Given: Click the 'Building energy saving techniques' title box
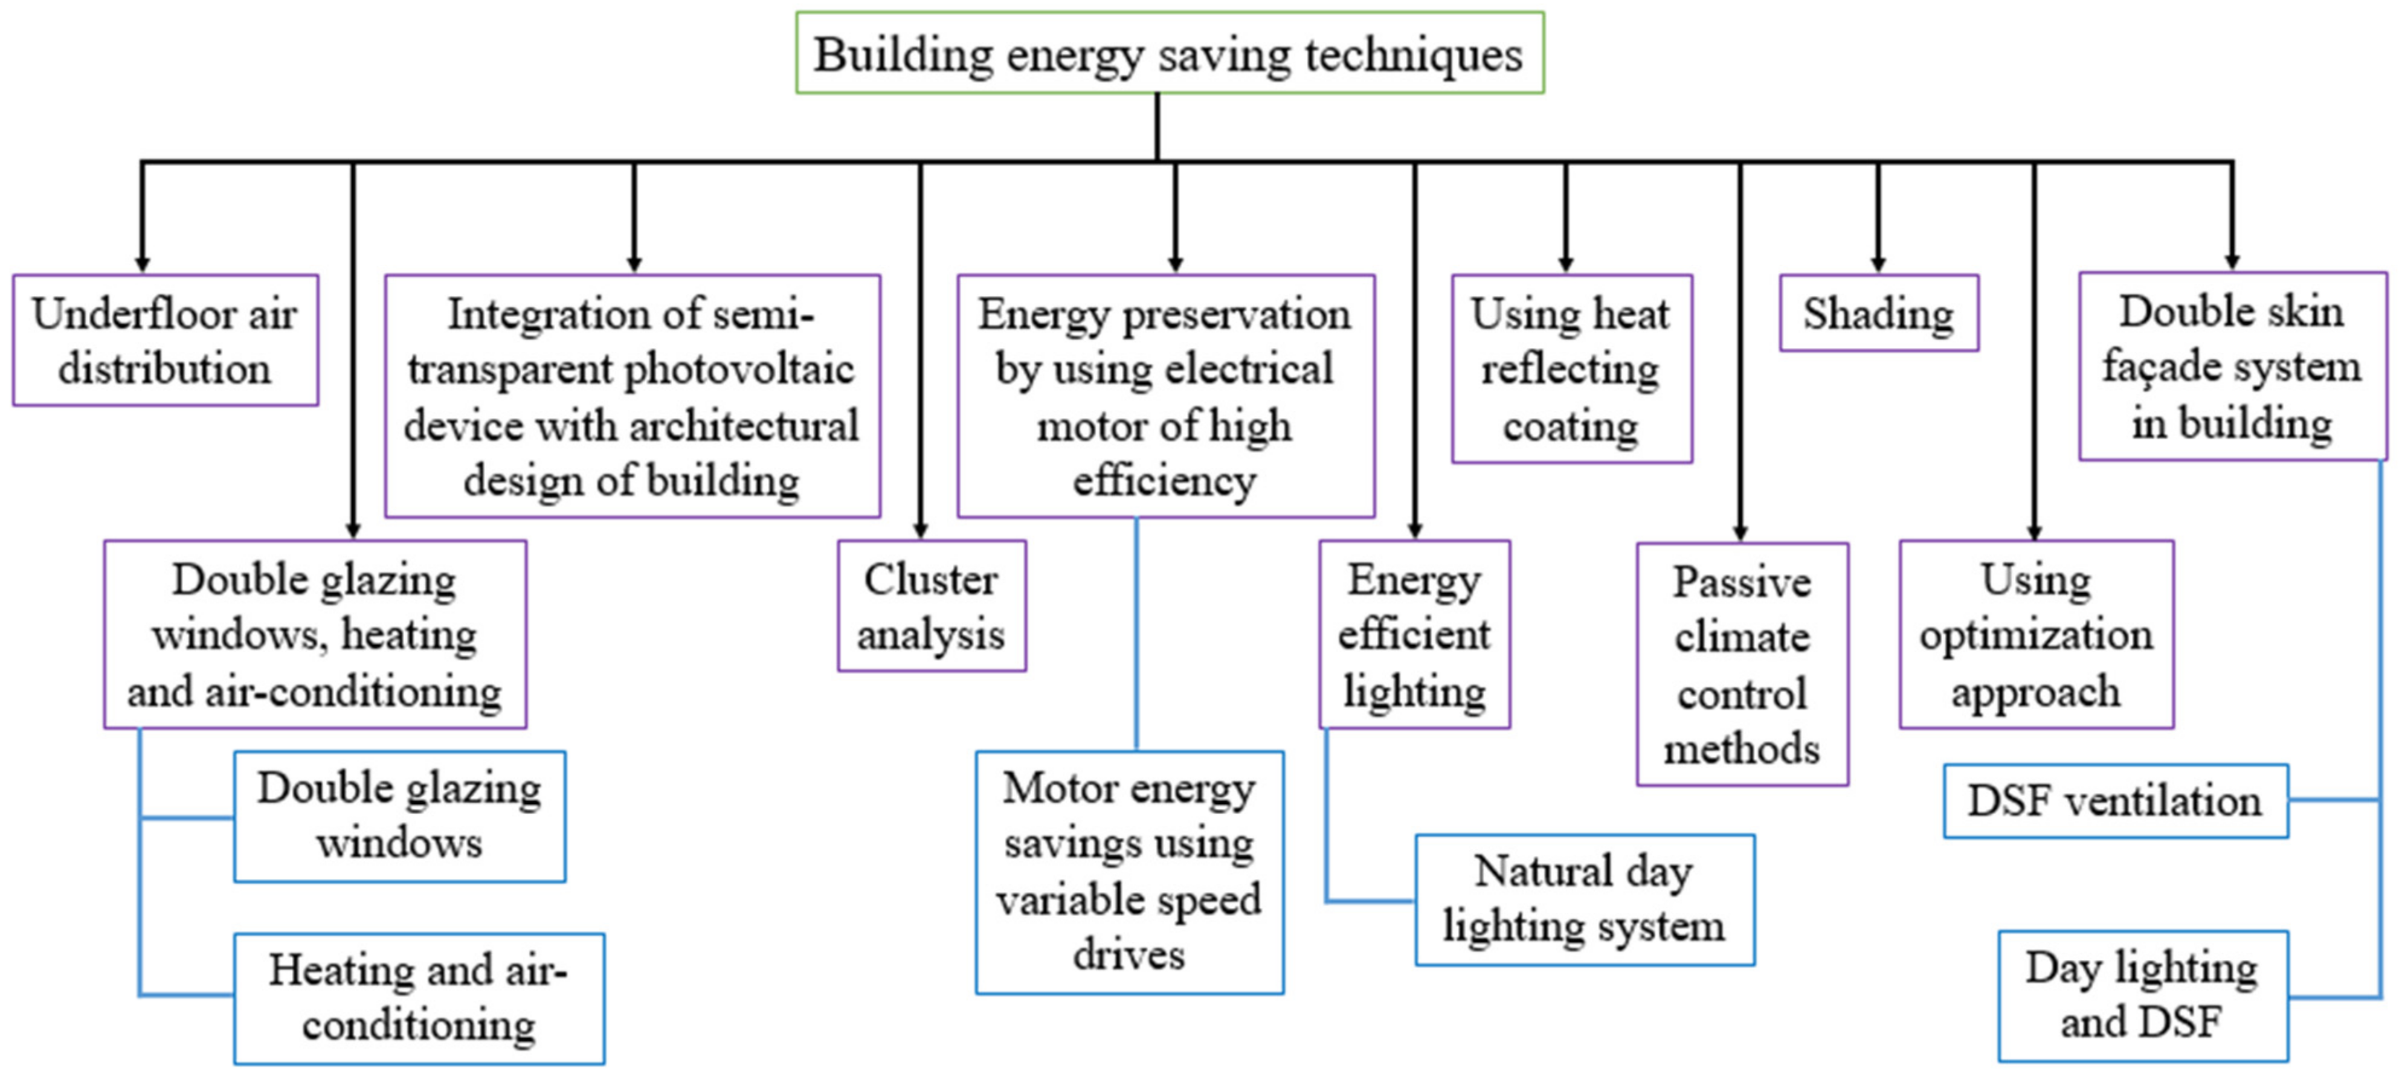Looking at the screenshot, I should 1170,53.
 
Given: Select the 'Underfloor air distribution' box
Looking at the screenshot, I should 165,341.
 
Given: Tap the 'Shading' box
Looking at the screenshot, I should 1878,313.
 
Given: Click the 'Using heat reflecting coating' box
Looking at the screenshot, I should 1571,369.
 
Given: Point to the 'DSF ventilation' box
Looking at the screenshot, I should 2115,801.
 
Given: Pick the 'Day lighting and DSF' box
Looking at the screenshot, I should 2142,995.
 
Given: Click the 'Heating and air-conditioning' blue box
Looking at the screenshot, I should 419,998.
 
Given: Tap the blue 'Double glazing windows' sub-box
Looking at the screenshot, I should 399,816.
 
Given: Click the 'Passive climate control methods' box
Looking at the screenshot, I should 1742,664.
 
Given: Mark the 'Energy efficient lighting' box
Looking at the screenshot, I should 1414,634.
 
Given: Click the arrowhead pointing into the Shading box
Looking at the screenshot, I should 1878,265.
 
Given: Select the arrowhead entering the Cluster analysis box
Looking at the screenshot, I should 920,531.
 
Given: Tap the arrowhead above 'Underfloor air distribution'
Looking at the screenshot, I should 142,265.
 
